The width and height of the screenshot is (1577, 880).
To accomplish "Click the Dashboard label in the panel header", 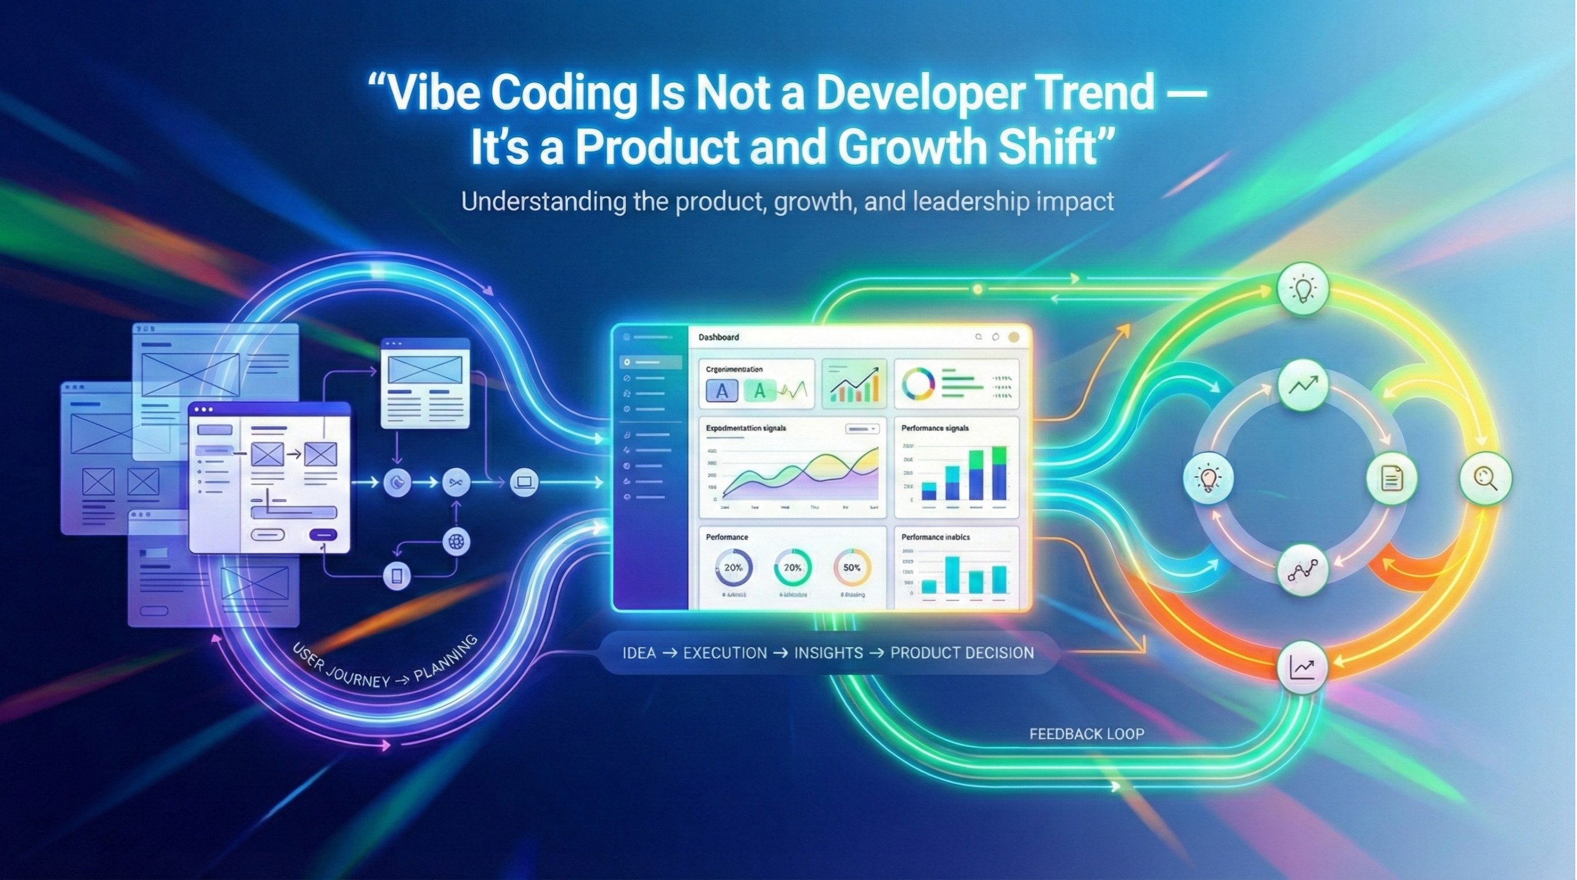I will coord(718,337).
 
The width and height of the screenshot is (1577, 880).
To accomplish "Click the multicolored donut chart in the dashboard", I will coord(918,384).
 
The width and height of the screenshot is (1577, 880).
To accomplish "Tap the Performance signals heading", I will coord(934,427).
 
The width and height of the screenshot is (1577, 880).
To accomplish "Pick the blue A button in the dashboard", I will coord(721,390).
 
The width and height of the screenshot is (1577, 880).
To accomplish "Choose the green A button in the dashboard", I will coord(760,390).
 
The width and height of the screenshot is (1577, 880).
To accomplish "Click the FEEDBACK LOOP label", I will coord(1086,733).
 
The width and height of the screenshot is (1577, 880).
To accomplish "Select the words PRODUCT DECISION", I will coord(962,653).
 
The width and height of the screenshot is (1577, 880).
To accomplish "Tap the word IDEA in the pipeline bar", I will coord(639,653).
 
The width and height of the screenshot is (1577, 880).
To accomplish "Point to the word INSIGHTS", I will coord(828,653).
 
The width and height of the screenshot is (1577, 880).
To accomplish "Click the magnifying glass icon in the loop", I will coord(1485,478).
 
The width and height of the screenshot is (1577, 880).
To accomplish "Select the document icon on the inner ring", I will coord(1391,478).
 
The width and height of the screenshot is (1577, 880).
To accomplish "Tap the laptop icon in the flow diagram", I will coord(524,481).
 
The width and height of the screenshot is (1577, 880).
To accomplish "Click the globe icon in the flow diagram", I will coord(456,541).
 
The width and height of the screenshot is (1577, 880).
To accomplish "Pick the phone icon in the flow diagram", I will coord(397,576).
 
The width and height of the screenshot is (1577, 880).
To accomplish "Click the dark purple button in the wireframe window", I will coord(323,535).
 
